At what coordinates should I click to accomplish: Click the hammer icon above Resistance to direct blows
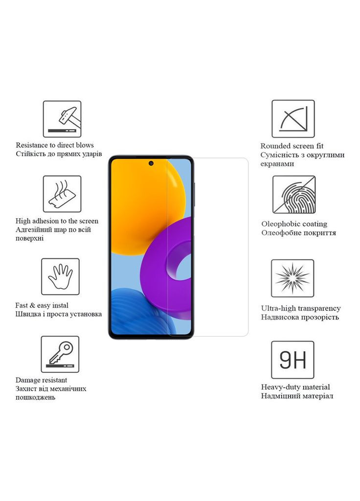coord(62,119)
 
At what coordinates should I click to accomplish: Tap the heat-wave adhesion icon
coord(62,194)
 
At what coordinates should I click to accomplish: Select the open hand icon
coord(60,277)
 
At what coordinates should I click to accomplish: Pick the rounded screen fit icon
coord(293,119)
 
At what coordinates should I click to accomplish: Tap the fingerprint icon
coord(293,195)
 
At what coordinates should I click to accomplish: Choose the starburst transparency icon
coord(292,278)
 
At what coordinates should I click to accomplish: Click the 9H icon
coord(292,360)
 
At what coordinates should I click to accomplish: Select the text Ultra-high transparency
coord(300,308)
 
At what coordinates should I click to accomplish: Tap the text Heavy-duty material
coord(295,387)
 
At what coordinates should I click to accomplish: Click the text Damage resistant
coord(41,380)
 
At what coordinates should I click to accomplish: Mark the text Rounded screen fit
coord(292,146)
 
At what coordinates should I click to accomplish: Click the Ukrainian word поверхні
coord(30,238)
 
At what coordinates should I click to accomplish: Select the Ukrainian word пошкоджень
coord(35,397)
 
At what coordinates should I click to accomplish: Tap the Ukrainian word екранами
coord(277,164)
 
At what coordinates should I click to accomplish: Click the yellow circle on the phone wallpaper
coord(147,196)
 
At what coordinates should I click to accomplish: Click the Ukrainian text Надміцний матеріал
coord(297,396)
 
